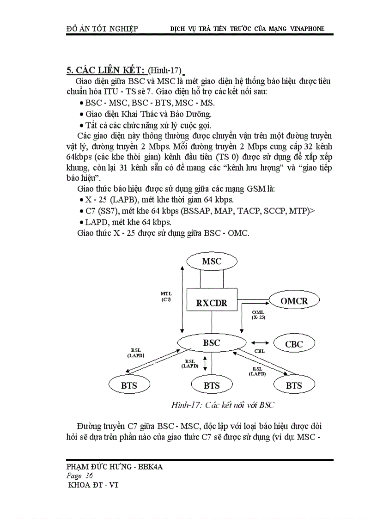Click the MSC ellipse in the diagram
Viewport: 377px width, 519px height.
[212, 261]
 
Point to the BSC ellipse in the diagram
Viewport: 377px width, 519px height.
[212, 343]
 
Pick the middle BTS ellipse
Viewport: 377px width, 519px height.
[212, 385]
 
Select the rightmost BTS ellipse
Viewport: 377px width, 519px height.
[293, 385]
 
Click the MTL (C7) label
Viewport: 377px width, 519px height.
[166, 296]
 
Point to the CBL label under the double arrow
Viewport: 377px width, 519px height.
[260, 351]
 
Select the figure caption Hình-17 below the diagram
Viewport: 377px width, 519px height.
[223, 405]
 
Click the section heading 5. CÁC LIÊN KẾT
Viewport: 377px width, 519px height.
[107, 70]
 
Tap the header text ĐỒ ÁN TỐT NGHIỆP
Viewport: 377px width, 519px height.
[103, 29]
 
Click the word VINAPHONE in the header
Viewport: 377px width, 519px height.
[307, 29]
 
